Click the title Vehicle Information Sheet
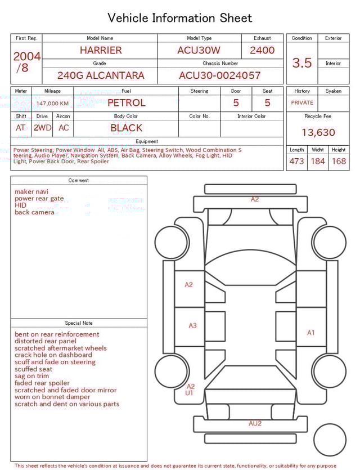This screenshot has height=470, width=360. click(179, 18)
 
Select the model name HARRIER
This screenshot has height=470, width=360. click(101, 50)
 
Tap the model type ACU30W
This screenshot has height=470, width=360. click(199, 50)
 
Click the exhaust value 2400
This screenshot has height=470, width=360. click(262, 50)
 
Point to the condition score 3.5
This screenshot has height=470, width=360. click(302, 63)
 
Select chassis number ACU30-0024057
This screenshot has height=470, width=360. click(220, 75)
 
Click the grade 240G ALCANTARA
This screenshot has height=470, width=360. click(101, 75)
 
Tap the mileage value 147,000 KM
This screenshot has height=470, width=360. click(53, 104)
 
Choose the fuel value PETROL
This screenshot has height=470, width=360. click(127, 103)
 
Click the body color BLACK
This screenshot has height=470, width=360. click(127, 128)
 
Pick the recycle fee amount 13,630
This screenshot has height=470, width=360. click(318, 133)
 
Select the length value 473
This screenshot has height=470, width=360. click(296, 162)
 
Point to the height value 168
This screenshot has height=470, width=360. click(339, 162)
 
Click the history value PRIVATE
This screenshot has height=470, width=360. click(302, 103)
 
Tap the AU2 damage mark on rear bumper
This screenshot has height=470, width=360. click(255, 423)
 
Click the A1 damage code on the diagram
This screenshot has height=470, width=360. click(311, 333)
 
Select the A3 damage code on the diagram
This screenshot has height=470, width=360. click(192, 325)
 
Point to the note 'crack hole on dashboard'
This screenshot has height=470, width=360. click(53, 355)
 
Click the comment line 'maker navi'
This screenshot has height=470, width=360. click(31, 192)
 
